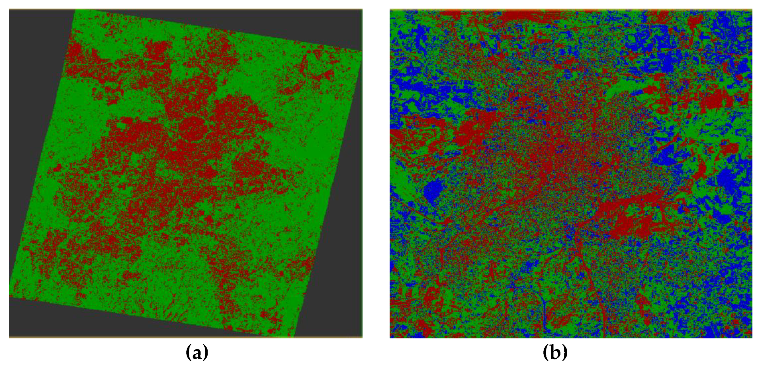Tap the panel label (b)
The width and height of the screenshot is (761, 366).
pos(555,352)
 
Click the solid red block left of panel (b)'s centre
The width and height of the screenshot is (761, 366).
pos(470,133)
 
